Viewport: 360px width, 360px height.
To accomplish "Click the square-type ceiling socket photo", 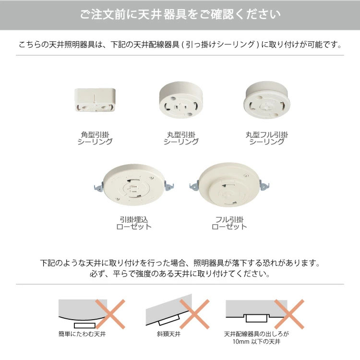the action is (x=95, y=100).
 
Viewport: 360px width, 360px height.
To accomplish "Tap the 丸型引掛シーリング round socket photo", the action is (x=181, y=100).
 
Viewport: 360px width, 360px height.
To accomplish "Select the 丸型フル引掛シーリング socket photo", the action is (x=267, y=100).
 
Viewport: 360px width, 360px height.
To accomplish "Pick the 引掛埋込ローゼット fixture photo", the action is (x=134, y=185).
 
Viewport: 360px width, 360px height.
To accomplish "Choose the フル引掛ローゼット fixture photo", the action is (x=229, y=185).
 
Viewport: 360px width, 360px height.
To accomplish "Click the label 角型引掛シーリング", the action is (x=95, y=138).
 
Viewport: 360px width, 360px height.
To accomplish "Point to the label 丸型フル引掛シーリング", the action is (x=267, y=138).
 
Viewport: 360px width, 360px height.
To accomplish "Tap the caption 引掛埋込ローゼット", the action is (x=134, y=223).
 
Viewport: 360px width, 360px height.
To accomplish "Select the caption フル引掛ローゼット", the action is (x=229, y=223).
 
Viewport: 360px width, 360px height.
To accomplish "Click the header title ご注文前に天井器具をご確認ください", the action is (x=180, y=14).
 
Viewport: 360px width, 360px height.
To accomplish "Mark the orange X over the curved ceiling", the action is (x=110, y=314).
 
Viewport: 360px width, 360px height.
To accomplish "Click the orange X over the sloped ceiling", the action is (x=194, y=314).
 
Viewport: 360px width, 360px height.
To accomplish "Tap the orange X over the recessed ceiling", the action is (x=289, y=314).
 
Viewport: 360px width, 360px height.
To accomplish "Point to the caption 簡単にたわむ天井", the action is (x=82, y=334).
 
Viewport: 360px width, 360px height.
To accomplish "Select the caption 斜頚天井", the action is (x=169, y=334).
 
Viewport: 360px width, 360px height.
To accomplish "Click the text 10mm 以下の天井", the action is (x=256, y=342).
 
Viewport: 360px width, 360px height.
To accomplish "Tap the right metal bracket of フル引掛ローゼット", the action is (x=264, y=185).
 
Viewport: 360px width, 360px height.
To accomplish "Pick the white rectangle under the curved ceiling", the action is (x=84, y=325).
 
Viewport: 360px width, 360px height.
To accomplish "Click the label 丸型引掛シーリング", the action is (x=181, y=138).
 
